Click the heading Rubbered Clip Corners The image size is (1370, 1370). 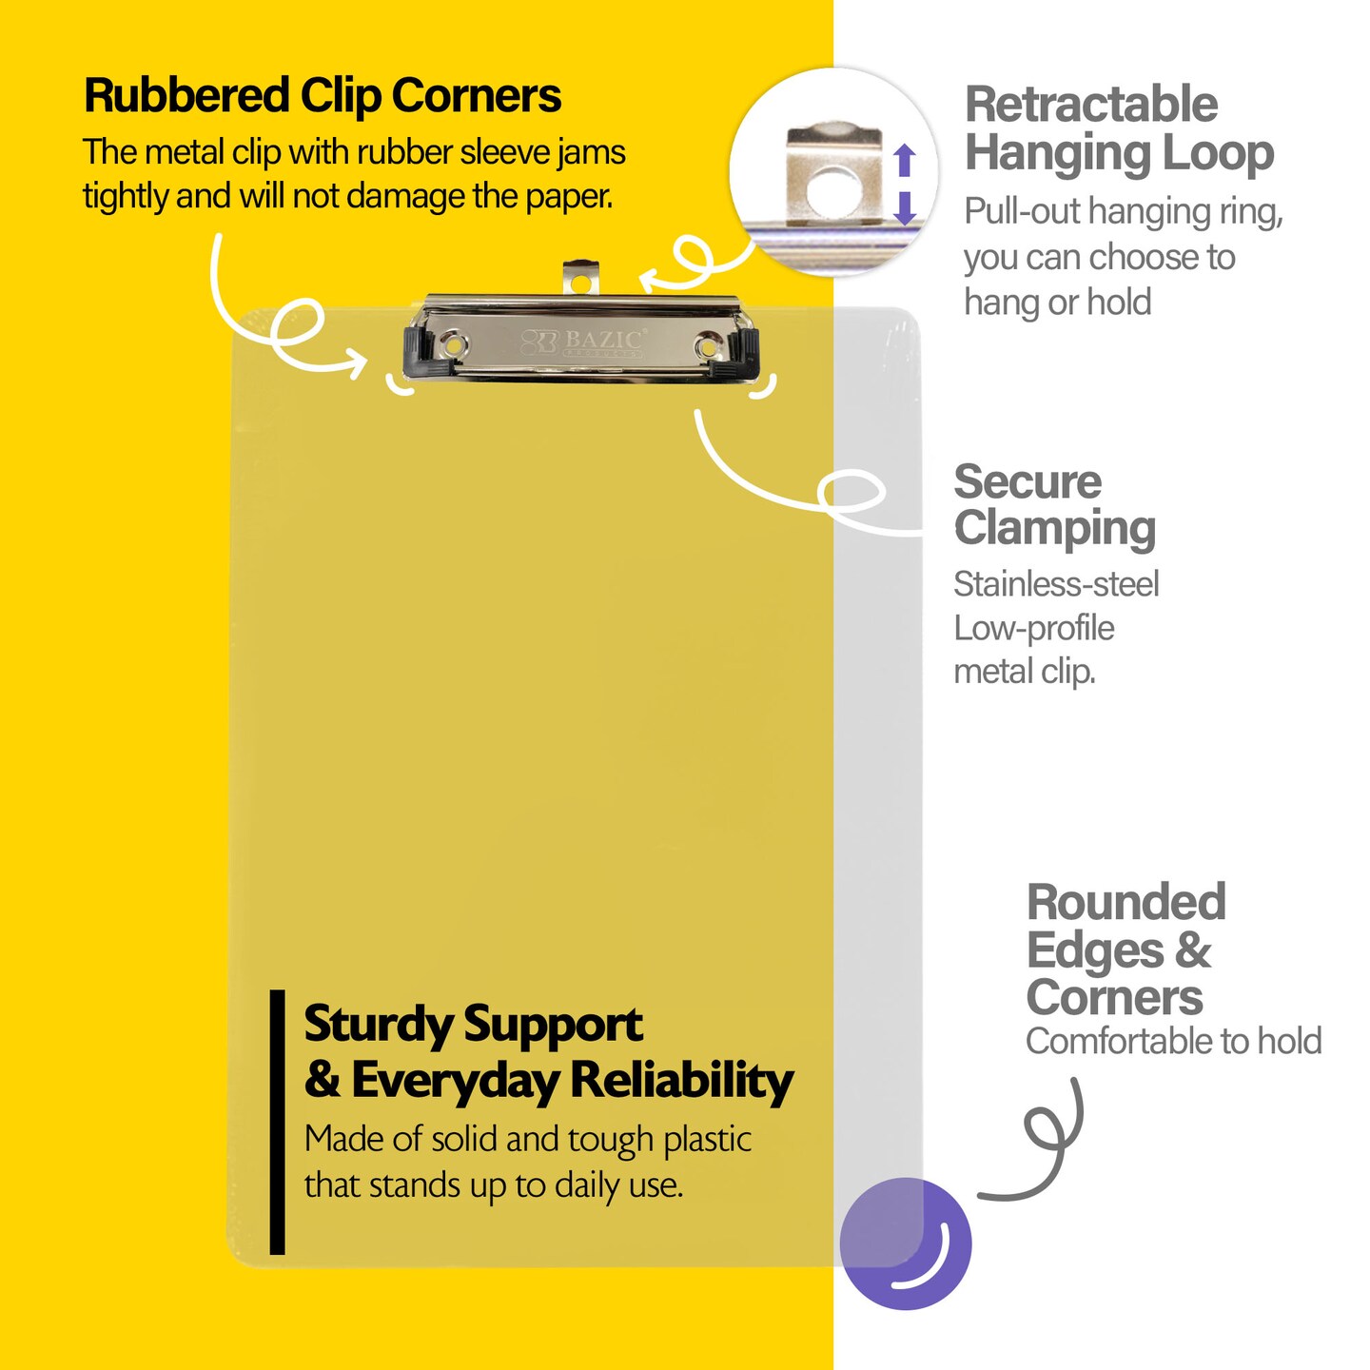(322, 96)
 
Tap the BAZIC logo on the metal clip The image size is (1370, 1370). (584, 342)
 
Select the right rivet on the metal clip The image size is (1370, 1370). (706, 345)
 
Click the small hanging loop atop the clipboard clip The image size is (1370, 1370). (580, 279)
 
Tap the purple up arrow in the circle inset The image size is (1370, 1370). (905, 159)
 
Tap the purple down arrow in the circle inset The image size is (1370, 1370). (905, 207)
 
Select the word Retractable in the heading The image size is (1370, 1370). (1090, 105)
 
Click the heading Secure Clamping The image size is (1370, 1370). (1054, 505)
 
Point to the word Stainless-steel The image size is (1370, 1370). (1056, 584)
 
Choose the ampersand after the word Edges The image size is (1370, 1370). (1193, 949)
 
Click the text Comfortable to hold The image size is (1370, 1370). (1173, 1041)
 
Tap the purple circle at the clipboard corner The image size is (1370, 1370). (905, 1243)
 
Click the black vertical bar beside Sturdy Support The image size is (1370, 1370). (277, 1122)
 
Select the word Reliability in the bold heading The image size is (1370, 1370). (681, 1081)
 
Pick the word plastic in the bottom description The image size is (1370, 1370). (707, 1139)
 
